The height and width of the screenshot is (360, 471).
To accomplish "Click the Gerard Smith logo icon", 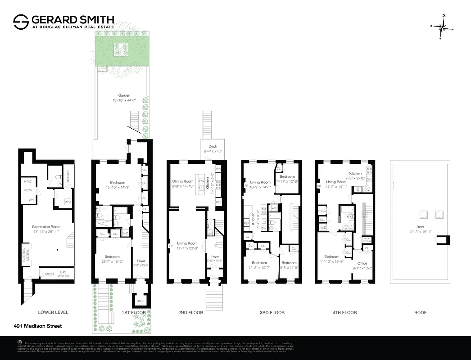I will click(21, 22).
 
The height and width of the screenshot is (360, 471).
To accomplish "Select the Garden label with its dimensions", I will click(124, 98).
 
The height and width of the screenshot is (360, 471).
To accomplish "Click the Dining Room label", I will click(183, 184).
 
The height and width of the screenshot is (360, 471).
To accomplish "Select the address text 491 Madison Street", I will click(38, 326).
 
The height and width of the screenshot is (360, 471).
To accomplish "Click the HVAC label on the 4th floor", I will click(322, 211).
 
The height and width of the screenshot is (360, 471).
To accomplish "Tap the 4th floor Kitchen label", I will click(355, 173).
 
